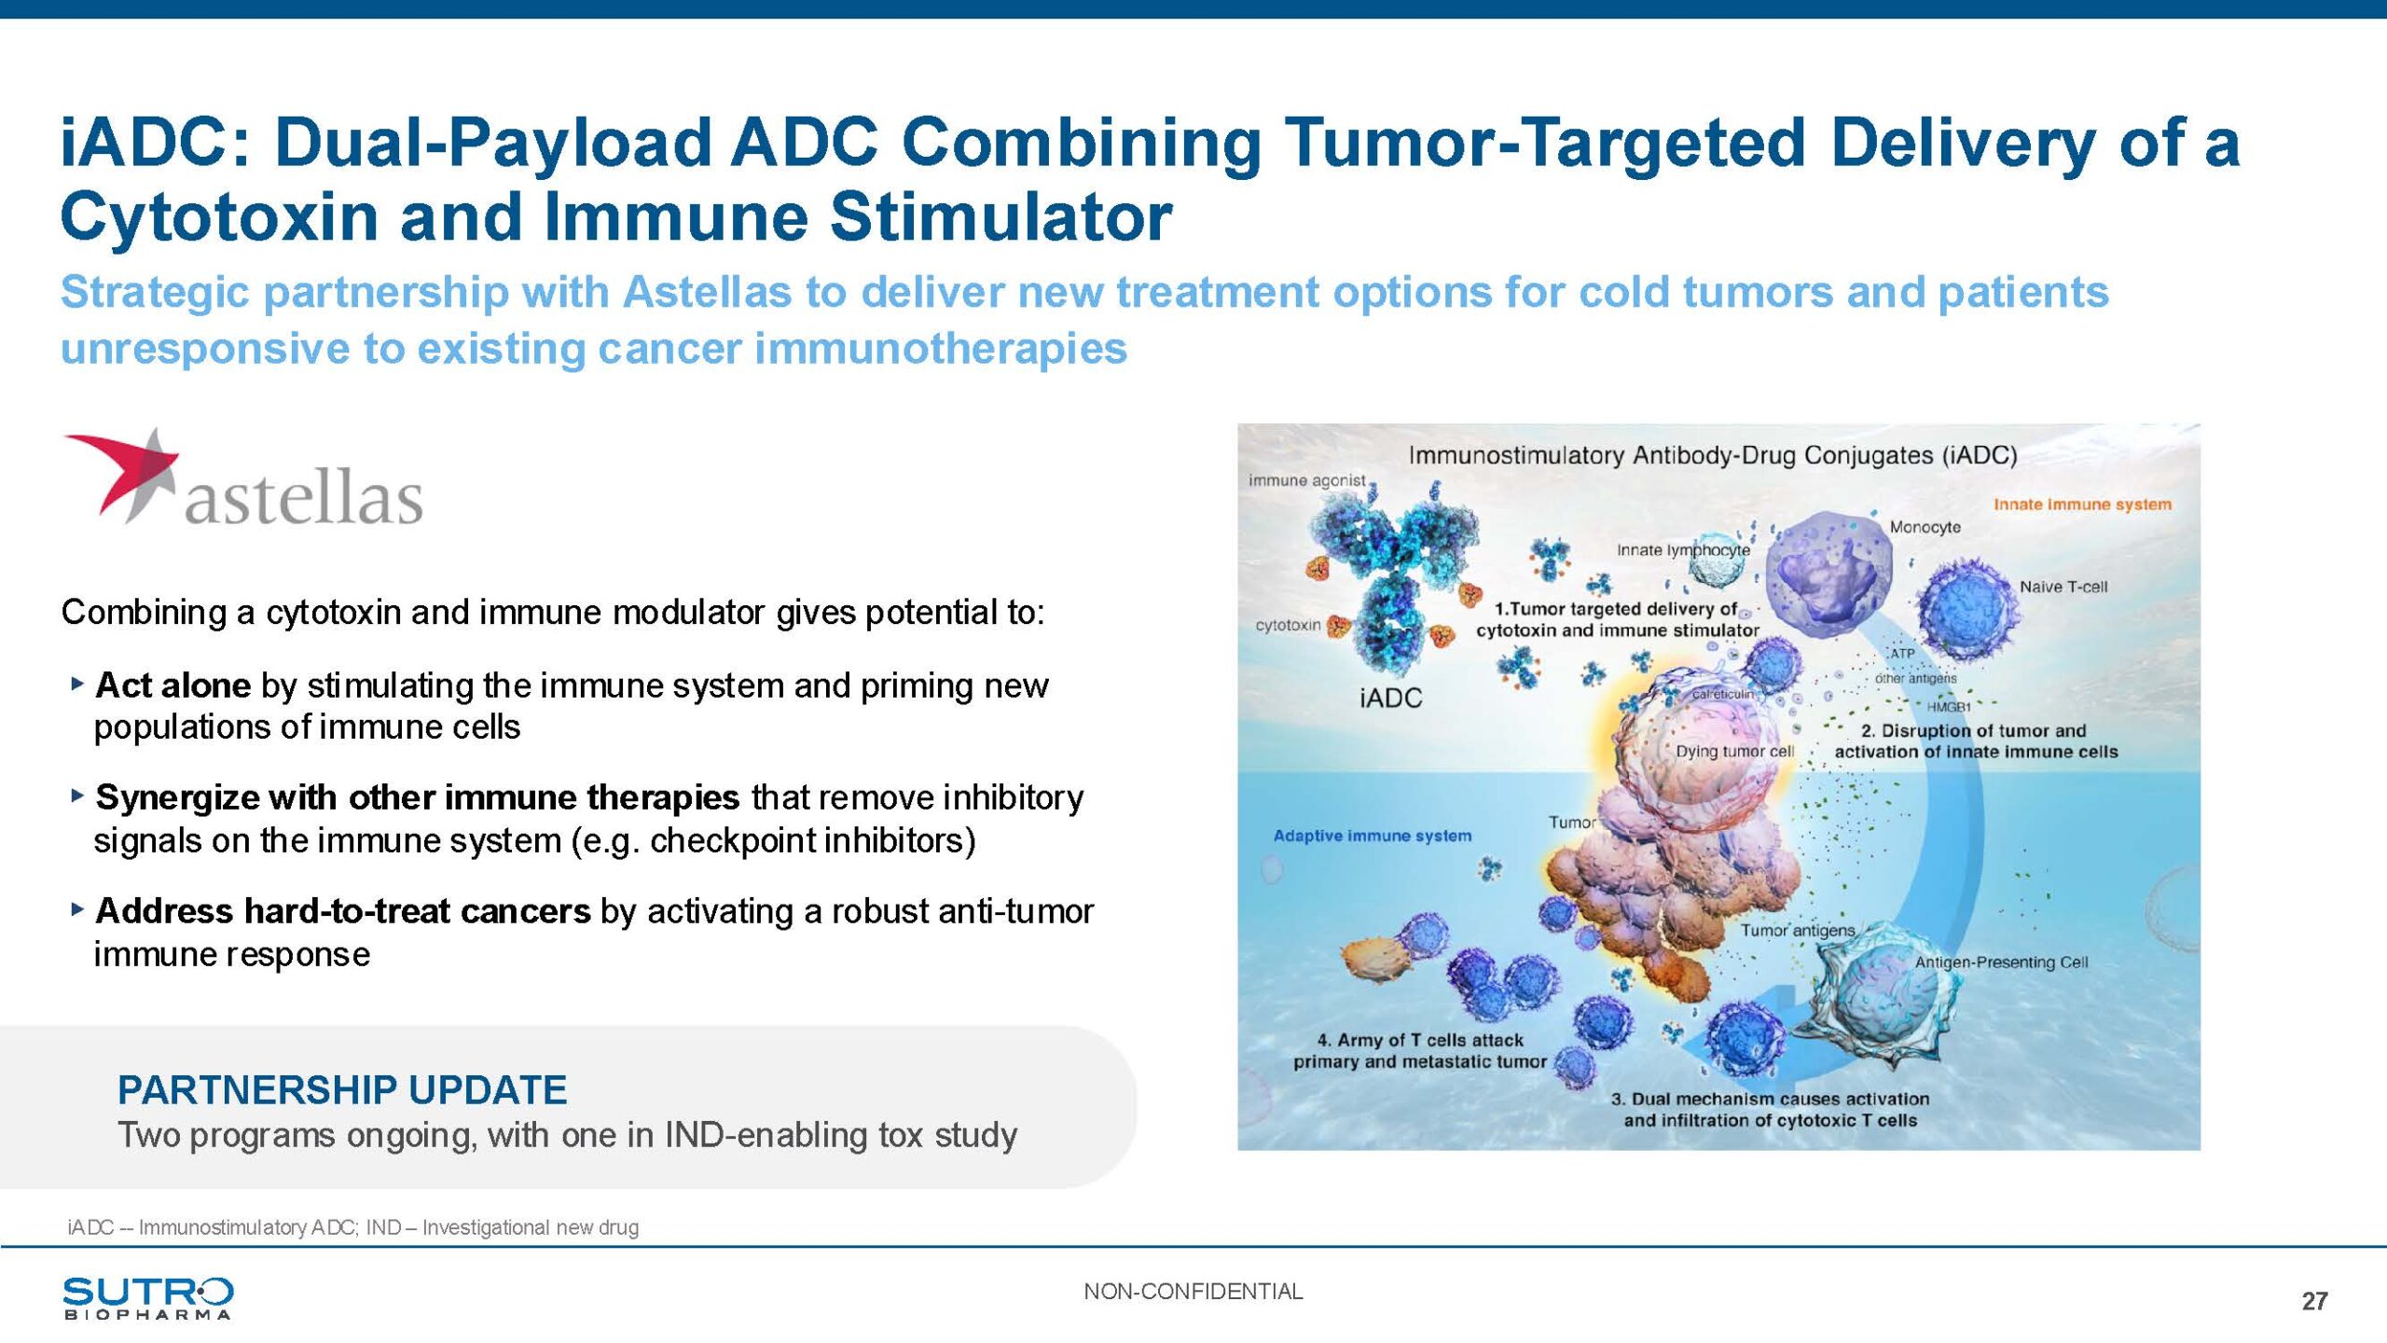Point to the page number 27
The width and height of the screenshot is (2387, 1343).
pyautogui.click(x=2314, y=1301)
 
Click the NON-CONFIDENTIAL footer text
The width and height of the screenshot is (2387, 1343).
pyautogui.click(x=1193, y=1292)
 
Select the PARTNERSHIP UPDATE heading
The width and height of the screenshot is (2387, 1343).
pyautogui.click(x=342, y=1089)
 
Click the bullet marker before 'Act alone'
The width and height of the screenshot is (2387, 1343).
pyautogui.click(x=77, y=685)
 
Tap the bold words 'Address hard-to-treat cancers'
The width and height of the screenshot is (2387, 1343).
pyautogui.click(x=343, y=910)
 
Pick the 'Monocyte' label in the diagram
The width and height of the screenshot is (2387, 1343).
pyautogui.click(x=1925, y=527)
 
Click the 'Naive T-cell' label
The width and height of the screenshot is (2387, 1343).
pyautogui.click(x=2063, y=587)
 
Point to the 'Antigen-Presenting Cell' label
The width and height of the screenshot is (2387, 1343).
pyautogui.click(x=2001, y=962)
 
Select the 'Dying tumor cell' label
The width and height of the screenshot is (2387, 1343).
pyautogui.click(x=1735, y=751)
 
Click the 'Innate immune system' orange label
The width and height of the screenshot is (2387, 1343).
pyautogui.click(x=2082, y=505)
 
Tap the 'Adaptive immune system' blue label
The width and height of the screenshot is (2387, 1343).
pyautogui.click(x=1373, y=836)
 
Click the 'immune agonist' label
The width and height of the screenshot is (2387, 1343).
pyautogui.click(x=1307, y=480)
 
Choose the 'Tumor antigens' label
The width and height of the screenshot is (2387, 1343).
pyautogui.click(x=1798, y=930)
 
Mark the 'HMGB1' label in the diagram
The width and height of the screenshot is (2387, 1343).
pyautogui.click(x=1949, y=708)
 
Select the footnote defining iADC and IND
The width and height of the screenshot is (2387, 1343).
pyautogui.click(x=352, y=1227)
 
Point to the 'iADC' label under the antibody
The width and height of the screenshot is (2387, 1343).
pyautogui.click(x=1391, y=698)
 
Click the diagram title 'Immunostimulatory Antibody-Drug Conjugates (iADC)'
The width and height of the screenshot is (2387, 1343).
pyautogui.click(x=1713, y=455)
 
